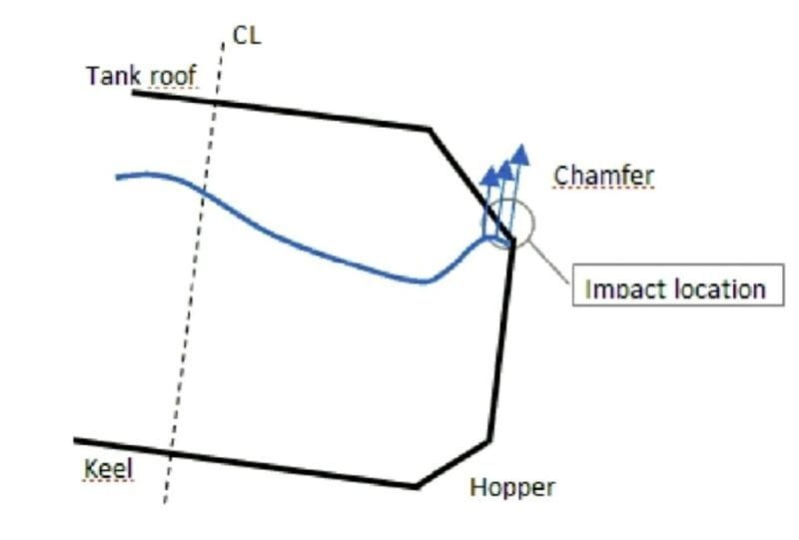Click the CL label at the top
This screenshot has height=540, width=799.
point(247,35)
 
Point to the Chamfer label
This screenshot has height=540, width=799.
point(604,177)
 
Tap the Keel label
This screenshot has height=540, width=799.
point(109,467)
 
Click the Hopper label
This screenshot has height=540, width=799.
point(511,487)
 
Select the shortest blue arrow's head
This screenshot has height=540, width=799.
point(489,175)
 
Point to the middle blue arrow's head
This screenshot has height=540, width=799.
point(505,168)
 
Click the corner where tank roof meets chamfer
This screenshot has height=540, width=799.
point(430,129)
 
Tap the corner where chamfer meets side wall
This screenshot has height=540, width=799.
point(514,243)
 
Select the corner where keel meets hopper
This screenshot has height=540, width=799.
point(416,486)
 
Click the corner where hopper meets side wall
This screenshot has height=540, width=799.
point(489,440)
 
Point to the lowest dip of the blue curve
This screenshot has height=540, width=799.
point(426,281)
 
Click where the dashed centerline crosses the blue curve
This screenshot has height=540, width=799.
point(203,191)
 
